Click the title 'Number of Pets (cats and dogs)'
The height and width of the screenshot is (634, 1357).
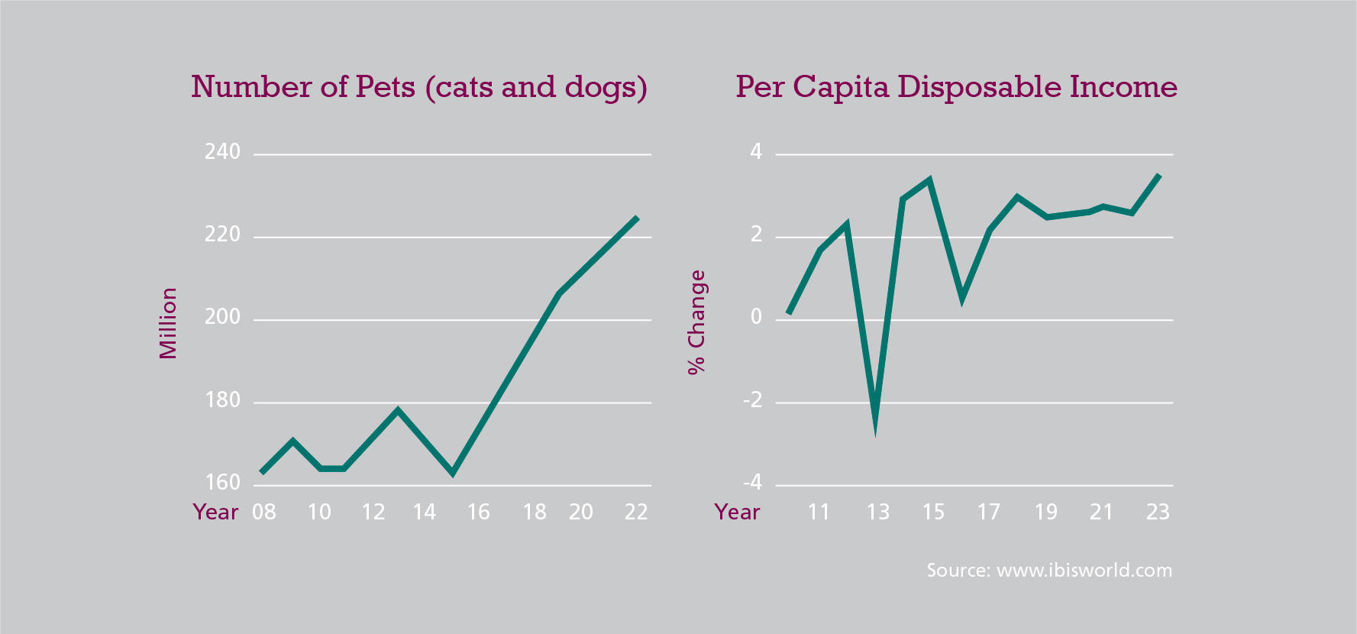418,87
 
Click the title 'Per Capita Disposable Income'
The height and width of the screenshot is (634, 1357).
956,87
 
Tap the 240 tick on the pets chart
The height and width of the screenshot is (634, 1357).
222,152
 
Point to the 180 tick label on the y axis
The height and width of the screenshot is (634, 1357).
222,400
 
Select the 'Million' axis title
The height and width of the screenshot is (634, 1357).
168,323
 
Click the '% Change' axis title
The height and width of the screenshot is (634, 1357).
696,322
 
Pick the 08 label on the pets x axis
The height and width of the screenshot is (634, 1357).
264,512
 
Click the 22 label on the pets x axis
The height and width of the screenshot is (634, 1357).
636,512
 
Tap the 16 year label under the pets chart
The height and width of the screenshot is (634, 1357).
478,512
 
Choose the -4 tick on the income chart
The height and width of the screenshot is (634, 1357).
753,482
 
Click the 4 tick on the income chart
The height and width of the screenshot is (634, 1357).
756,152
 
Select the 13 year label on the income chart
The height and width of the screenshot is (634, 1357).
877,512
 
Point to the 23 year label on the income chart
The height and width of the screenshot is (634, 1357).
1158,512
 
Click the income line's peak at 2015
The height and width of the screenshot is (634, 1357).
929,180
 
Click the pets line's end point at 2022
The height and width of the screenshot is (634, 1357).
637,218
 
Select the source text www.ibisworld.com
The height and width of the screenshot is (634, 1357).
1049,571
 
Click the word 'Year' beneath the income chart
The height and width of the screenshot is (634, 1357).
737,512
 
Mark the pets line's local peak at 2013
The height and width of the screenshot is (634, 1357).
398,410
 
